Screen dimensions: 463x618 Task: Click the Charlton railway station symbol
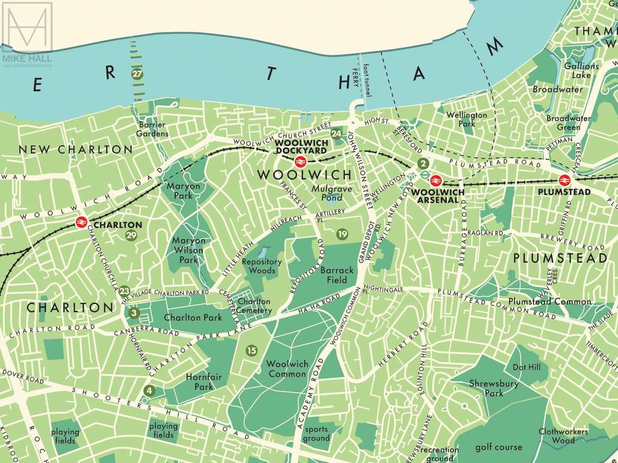tap(82, 222)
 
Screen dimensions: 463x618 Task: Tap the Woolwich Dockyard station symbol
tap(299, 161)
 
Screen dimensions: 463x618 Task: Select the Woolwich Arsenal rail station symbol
tap(436, 181)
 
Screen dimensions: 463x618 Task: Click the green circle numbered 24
tap(337, 134)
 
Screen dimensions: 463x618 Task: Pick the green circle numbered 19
tap(342, 234)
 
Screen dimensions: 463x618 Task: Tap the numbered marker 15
tap(251, 351)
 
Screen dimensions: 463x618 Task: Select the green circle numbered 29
tap(131, 235)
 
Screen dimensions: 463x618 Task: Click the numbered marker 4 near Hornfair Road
tap(149, 390)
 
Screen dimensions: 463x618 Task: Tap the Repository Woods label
tap(262, 266)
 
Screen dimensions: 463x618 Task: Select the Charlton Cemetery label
tap(254, 306)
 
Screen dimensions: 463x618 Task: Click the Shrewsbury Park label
tap(494, 388)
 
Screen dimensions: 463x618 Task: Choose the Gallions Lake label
tap(581, 70)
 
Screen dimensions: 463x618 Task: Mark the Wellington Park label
tap(466, 119)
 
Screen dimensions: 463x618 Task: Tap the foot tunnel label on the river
tap(368, 80)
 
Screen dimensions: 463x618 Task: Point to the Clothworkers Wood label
tap(563, 436)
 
